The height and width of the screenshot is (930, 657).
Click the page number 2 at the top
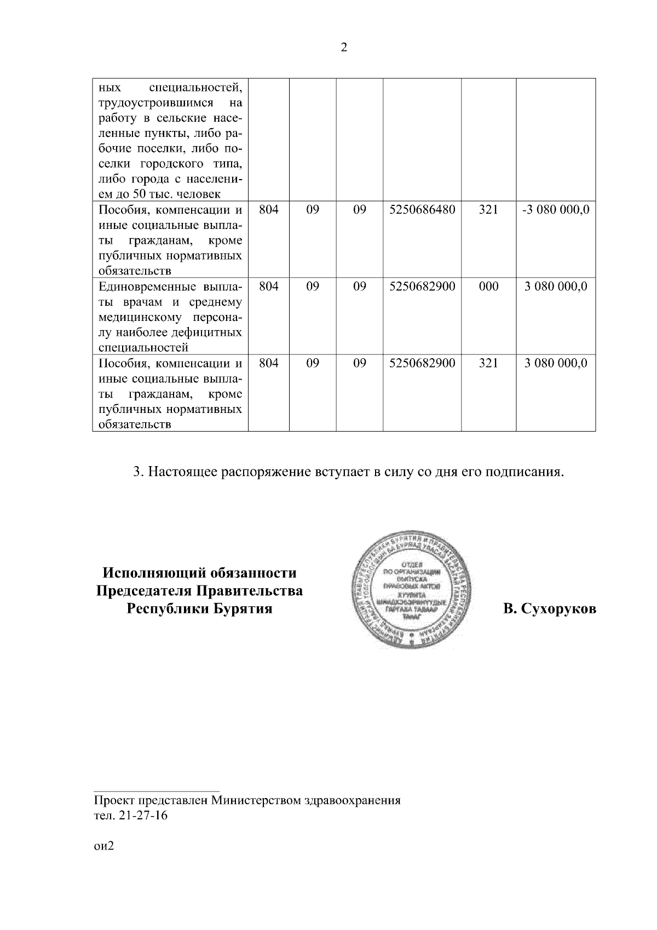(343, 48)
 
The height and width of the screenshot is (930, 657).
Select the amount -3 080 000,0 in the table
(555, 210)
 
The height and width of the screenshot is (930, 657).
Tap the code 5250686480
(422, 210)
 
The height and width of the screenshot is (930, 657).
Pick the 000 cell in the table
(488, 286)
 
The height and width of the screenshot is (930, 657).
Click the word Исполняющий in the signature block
(153, 573)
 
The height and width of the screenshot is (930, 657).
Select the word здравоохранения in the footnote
(352, 801)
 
